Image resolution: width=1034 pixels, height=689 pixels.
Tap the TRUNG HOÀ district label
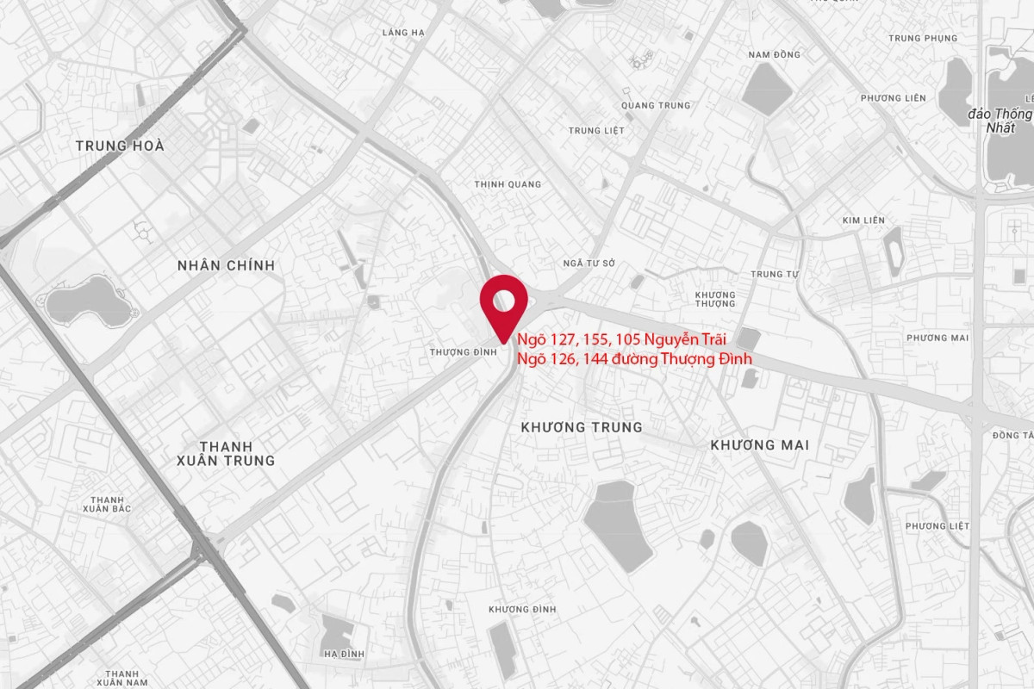(120, 146)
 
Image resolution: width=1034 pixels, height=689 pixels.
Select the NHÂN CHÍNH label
(226, 265)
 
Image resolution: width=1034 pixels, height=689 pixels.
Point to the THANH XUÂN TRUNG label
(226, 453)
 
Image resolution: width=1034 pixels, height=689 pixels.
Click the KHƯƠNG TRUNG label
(582, 427)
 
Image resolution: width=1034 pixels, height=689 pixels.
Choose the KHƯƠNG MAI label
(759, 445)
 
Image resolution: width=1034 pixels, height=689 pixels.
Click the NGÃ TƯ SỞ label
(589, 264)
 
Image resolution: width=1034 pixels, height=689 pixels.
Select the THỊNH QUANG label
(508, 184)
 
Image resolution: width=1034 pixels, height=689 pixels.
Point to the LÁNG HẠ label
(403, 33)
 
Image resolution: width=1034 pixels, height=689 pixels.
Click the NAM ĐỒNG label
(774, 55)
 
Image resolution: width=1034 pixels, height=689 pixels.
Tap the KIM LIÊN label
(863, 220)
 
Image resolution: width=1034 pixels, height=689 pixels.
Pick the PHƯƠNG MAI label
(937, 338)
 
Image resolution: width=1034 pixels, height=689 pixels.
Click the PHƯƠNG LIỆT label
(937, 526)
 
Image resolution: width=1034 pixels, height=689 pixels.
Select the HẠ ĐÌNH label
(344, 655)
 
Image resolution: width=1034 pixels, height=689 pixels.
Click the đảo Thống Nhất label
(1000, 120)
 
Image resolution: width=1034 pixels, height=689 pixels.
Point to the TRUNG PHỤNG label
(923, 39)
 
